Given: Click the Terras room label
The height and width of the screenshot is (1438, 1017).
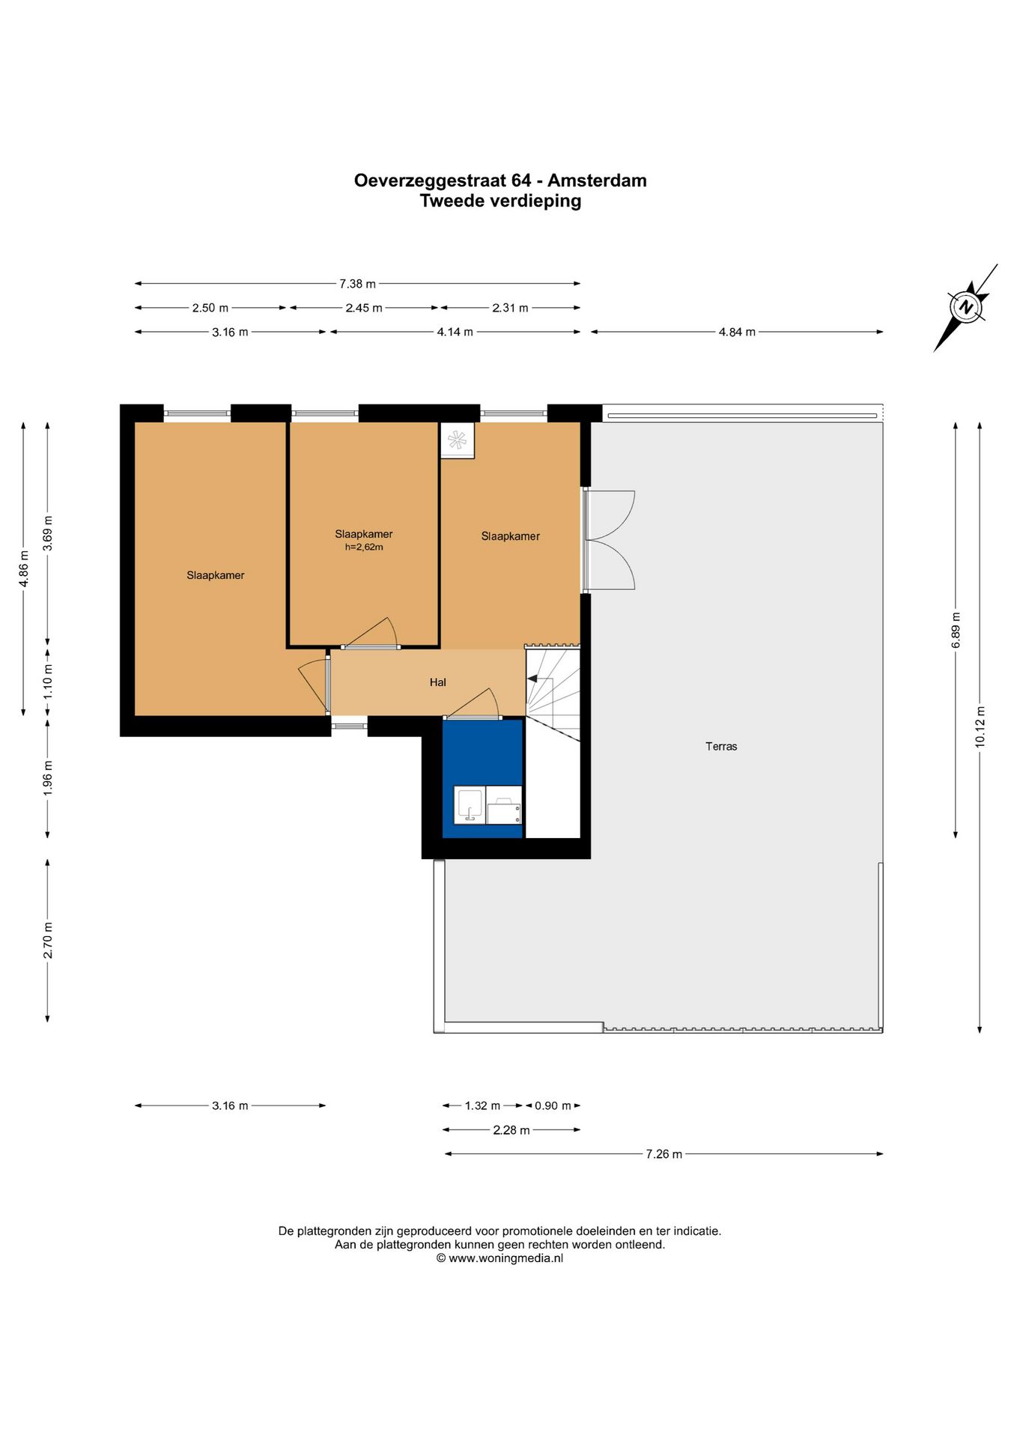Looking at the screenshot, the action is (721, 746).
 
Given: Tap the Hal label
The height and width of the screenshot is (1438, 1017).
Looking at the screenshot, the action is (438, 682).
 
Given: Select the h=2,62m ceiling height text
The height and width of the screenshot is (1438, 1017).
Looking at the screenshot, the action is (364, 547).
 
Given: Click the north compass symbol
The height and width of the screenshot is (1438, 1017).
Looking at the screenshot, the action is (966, 307).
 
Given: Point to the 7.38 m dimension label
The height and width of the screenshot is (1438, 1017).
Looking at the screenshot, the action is (358, 284).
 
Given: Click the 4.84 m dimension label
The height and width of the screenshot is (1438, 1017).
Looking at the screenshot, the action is (737, 332).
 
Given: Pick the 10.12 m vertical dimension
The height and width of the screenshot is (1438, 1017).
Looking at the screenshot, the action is (980, 726).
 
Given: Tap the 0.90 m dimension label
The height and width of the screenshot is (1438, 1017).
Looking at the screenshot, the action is (553, 1105).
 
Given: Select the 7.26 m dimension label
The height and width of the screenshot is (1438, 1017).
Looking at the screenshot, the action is (664, 1154).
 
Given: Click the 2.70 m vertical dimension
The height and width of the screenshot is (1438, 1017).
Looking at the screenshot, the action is (48, 941).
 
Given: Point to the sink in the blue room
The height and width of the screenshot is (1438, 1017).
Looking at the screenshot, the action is (470, 806).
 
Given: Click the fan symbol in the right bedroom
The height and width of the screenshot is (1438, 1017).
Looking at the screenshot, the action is (457, 440).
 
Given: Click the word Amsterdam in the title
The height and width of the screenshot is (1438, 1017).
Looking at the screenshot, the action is (597, 180).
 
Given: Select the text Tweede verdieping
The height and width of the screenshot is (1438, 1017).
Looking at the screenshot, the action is (500, 201).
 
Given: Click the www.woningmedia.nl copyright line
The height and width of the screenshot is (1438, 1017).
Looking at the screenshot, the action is (500, 1258).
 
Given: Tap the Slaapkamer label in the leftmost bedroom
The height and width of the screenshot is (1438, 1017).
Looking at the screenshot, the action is (216, 575).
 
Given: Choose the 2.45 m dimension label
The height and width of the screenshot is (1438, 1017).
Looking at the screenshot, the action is (364, 308).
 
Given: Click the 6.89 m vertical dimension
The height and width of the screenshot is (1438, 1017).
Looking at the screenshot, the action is (956, 630).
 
